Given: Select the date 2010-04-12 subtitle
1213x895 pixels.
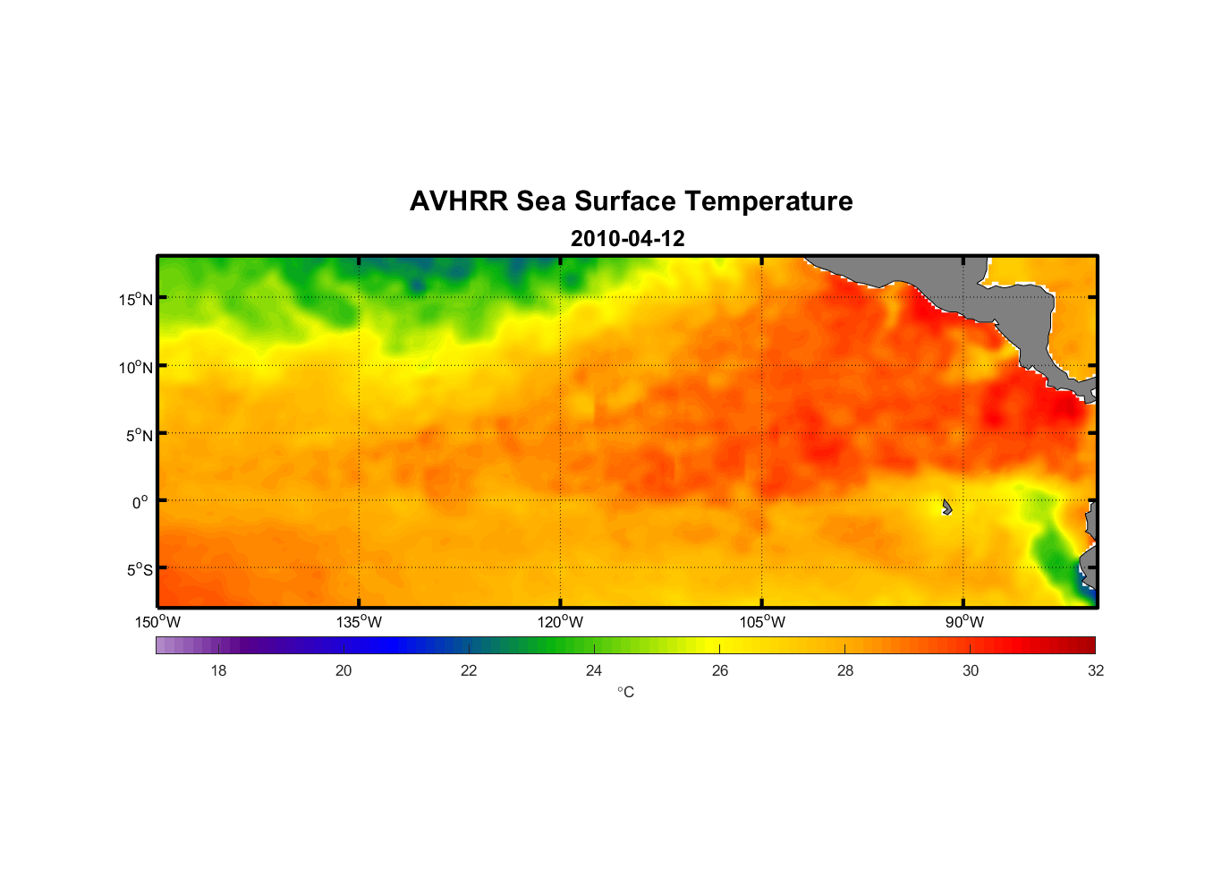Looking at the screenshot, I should tap(627, 239).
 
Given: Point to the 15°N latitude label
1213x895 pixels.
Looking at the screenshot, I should tap(136, 299).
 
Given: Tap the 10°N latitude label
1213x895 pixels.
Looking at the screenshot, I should tap(136, 367).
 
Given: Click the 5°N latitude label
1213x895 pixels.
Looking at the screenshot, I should tap(139, 435).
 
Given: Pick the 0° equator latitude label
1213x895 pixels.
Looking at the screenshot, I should tap(140, 502).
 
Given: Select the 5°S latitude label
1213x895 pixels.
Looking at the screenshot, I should tap(139, 570).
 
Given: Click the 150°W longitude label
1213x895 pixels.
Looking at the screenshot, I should tap(157, 622).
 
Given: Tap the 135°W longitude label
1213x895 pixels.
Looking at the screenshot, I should tap(359, 622).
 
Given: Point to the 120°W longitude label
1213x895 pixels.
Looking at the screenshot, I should tap(560, 622).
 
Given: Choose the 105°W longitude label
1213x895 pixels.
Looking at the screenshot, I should tap(762, 622).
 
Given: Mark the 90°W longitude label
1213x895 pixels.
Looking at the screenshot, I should tap(964, 622).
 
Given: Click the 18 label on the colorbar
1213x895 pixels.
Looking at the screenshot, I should tap(218, 670).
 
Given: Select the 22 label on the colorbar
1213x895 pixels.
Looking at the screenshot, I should tap(469, 670).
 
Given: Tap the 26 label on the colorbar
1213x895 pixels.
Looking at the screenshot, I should tap(720, 670).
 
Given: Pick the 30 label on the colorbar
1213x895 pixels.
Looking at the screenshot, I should tap(971, 670).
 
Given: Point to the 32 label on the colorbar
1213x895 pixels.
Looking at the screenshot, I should tap(1096, 670).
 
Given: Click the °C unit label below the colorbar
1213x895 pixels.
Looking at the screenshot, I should tap(625, 692).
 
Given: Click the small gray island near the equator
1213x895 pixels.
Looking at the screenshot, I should tap(946, 507).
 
